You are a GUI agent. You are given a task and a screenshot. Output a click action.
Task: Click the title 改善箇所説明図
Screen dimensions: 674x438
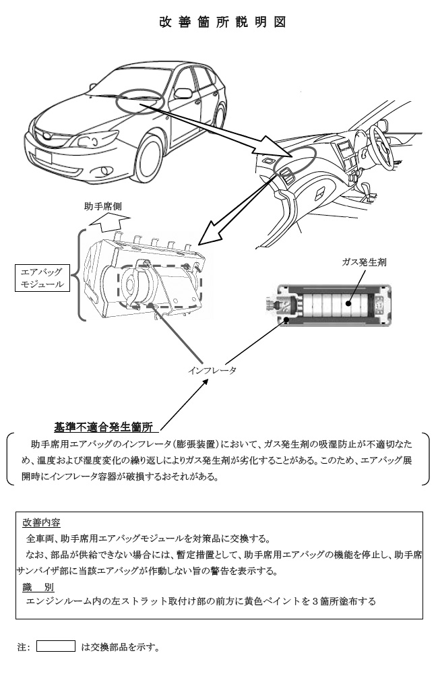coord(223,22)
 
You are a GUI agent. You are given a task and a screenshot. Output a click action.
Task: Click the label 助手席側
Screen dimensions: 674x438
coord(102,206)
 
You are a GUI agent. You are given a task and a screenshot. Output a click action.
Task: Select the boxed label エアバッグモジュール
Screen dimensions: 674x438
coord(42,278)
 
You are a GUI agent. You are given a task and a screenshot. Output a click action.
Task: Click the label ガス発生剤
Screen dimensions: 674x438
coord(364,262)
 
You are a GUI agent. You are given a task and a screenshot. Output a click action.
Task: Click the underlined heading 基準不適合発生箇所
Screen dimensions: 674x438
coord(106,426)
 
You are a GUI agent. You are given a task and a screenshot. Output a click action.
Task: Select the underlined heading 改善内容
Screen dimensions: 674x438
coord(41,522)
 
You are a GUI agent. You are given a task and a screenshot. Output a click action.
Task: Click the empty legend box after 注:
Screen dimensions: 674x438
coord(55,646)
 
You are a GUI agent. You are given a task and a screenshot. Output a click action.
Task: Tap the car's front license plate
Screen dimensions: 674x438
coord(43,157)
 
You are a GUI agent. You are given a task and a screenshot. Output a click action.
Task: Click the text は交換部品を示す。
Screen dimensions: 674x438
coord(120,647)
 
